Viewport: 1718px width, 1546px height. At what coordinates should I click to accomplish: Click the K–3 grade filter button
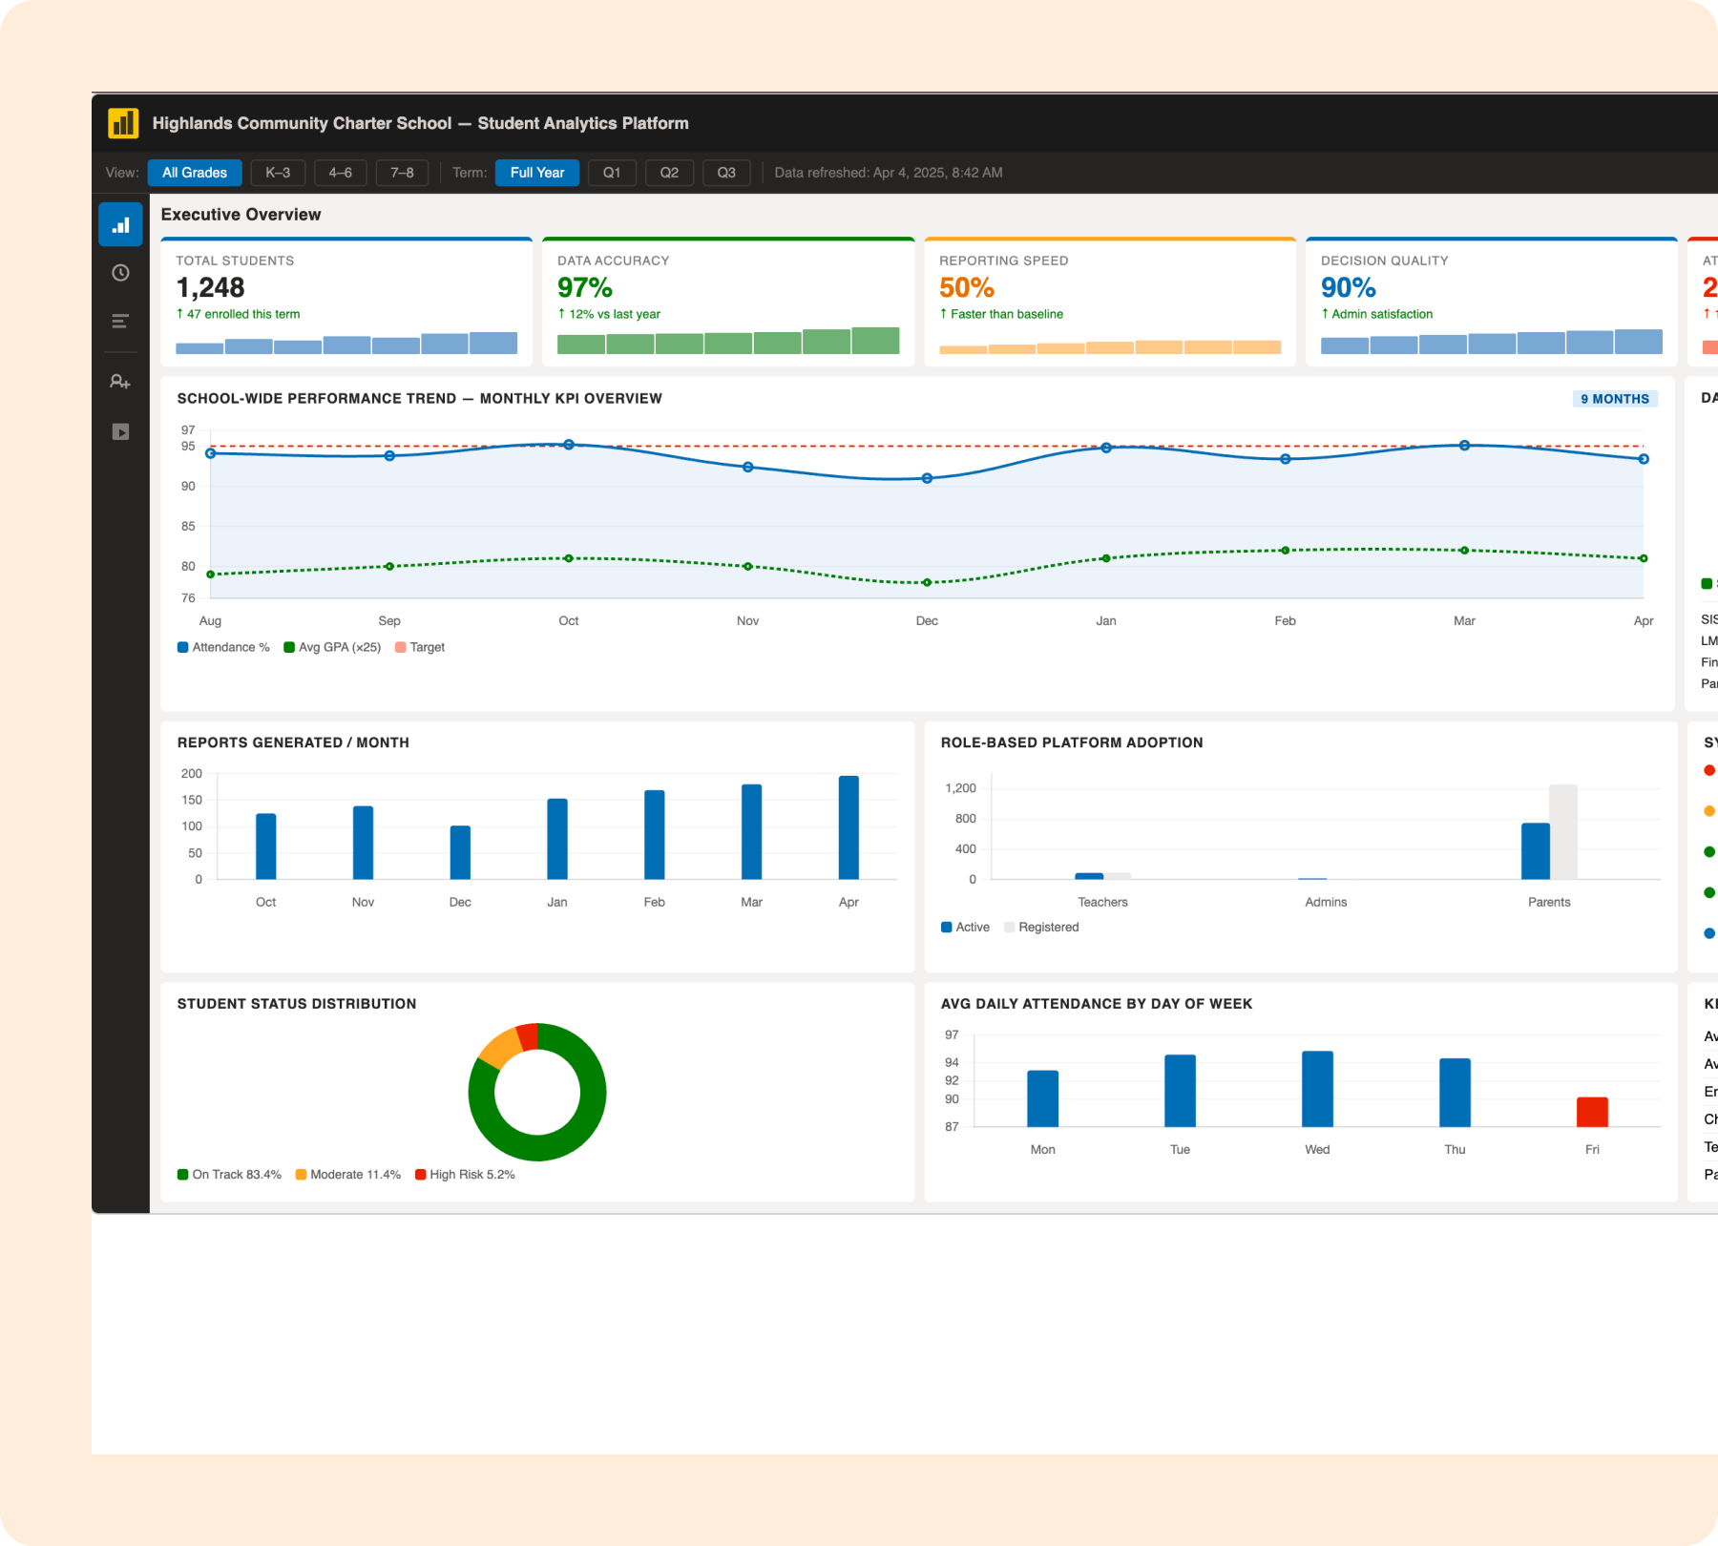click(x=278, y=173)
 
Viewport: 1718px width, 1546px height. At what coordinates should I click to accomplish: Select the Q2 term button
click(x=669, y=173)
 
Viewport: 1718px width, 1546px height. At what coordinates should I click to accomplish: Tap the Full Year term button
click(x=536, y=173)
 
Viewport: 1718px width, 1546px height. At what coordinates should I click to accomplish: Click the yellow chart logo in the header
click(x=123, y=123)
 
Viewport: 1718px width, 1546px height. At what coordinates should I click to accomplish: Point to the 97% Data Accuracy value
click(x=584, y=287)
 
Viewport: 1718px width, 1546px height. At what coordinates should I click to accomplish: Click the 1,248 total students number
click(x=210, y=287)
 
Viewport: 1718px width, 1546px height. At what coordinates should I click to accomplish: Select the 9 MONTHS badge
click(x=1614, y=399)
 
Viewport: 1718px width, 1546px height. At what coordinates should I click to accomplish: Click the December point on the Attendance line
click(x=927, y=478)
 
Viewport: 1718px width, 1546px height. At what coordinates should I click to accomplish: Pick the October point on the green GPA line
click(x=569, y=558)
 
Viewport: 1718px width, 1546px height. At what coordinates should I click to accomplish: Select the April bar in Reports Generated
click(x=849, y=827)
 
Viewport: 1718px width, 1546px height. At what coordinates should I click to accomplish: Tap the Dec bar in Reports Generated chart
click(x=460, y=852)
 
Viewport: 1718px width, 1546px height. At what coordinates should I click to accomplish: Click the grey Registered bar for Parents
click(x=1562, y=831)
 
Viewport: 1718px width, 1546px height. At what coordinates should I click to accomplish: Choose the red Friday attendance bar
click(x=1592, y=1112)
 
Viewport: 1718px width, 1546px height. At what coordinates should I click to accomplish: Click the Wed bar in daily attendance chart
click(x=1317, y=1089)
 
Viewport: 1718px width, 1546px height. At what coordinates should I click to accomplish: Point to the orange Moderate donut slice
click(x=499, y=1048)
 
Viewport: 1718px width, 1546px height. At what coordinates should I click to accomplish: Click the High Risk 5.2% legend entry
click(x=465, y=1175)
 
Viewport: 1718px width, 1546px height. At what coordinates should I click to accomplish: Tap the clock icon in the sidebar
click(x=120, y=273)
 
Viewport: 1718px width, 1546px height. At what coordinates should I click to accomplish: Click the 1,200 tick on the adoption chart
click(x=960, y=788)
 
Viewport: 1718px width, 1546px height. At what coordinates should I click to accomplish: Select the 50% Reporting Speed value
click(x=966, y=287)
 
